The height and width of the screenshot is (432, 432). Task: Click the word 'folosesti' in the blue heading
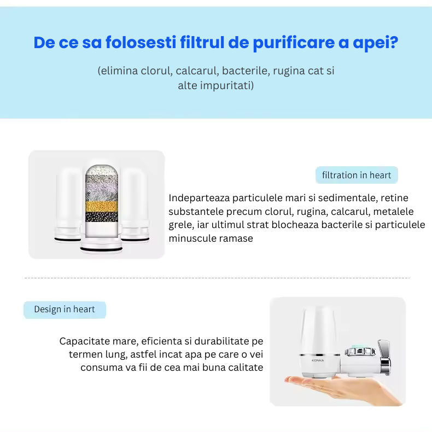141,43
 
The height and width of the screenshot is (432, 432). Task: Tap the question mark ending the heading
394,43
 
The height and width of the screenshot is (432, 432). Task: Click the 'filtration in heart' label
357,175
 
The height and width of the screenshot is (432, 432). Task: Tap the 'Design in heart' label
65,310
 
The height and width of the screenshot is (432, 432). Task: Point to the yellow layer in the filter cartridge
102,206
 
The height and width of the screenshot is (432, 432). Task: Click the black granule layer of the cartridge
102,217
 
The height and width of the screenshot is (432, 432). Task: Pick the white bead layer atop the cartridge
102,170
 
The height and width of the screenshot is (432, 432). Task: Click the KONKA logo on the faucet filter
318,360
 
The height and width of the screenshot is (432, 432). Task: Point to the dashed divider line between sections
217,278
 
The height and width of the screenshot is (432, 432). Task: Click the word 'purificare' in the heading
294,43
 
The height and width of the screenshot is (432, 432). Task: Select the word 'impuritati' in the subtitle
227,86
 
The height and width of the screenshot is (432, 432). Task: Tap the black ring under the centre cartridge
101,249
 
